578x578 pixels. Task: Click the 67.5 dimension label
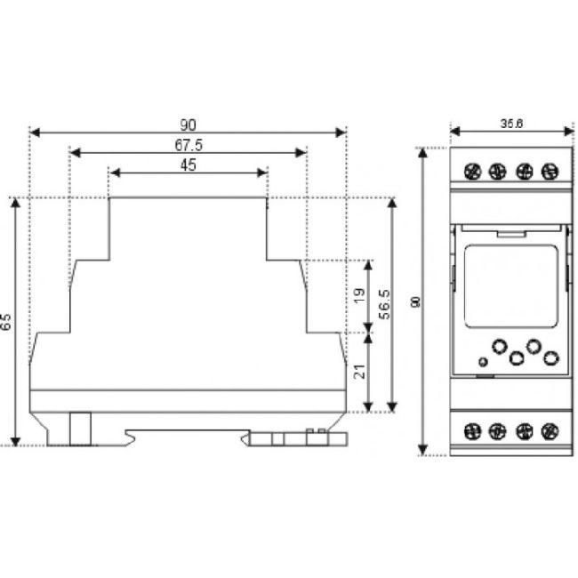[x=188, y=145]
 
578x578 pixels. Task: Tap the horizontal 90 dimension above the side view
[x=188, y=124]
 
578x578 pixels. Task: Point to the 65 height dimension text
[x=7, y=321]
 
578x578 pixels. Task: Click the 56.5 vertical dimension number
[x=383, y=304]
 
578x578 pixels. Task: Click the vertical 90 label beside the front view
[x=414, y=302]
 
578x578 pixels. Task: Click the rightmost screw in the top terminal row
[x=549, y=170]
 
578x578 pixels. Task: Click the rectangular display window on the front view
[x=510, y=286]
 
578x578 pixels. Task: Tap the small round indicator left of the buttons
[x=482, y=362]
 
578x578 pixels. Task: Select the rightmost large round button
[x=551, y=358]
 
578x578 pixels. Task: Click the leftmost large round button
[x=499, y=345]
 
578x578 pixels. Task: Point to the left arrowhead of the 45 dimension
[x=113, y=173]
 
